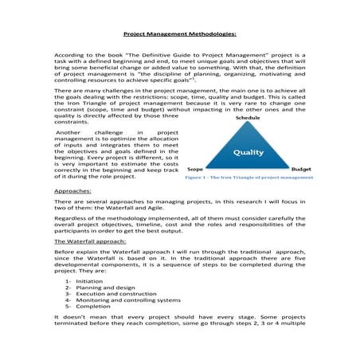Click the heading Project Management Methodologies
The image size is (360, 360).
[179, 35]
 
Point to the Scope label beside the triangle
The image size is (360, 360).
[194, 170]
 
